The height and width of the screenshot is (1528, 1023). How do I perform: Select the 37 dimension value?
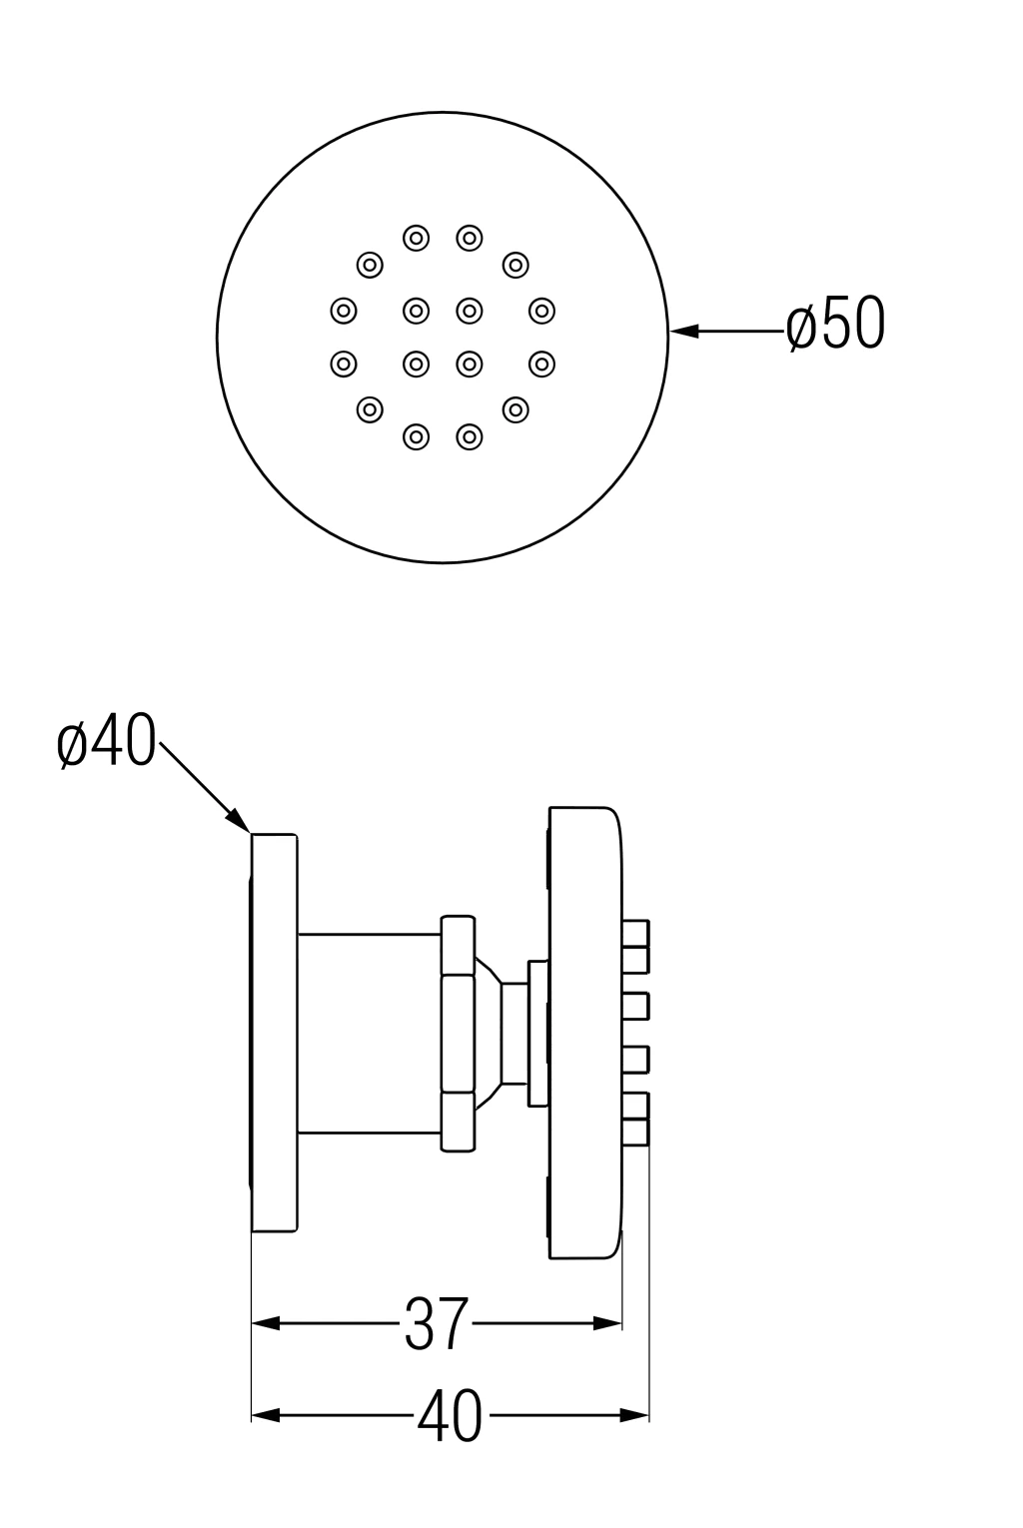pyautogui.click(x=436, y=1324)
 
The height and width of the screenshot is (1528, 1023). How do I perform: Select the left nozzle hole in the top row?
pyautogui.click(x=417, y=238)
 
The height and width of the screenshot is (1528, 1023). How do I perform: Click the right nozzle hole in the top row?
pyautogui.click(x=470, y=238)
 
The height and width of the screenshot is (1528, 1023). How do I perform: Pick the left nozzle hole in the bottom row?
pyautogui.click(x=417, y=435)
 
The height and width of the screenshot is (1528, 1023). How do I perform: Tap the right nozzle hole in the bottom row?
pyautogui.click(x=470, y=435)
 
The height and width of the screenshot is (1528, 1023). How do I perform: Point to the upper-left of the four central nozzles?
pyautogui.click(x=417, y=311)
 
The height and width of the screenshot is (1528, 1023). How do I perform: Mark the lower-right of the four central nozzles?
pyautogui.click(x=470, y=362)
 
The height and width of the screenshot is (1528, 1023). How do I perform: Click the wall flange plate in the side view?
pyautogui.click(x=274, y=1031)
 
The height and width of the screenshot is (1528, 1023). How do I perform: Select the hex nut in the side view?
pyautogui.click(x=457, y=1034)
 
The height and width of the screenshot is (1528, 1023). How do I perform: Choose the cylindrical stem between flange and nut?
pyautogui.click(x=369, y=1034)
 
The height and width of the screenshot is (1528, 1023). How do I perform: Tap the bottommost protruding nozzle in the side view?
pyautogui.click(x=634, y=1131)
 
